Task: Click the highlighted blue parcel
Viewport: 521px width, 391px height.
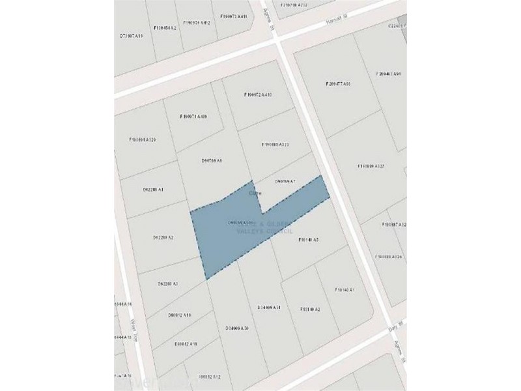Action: tap(234, 235)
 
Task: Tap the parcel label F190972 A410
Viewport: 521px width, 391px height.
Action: tap(257, 95)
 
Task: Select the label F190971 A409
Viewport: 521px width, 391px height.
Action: tap(193, 117)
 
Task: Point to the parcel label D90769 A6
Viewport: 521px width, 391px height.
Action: tap(212, 160)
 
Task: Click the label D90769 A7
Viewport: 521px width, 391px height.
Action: tap(285, 181)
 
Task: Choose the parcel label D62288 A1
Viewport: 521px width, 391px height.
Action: tap(152, 190)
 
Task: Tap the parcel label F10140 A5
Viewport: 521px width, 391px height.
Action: tap(308, 240)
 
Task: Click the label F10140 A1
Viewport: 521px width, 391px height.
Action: tap(344, 289)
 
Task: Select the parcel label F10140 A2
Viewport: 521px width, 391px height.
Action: tap(310, 309)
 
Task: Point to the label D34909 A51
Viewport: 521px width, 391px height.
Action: tap(268, 307)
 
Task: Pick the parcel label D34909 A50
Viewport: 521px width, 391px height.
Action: tap(237, 328)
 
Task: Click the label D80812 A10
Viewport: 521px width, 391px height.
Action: tap(179, 315)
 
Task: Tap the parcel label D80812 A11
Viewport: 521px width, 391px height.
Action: tap(186, 343)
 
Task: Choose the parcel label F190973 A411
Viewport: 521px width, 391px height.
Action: tap(233, 16)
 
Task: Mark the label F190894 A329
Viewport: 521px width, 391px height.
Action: tap(142, 139)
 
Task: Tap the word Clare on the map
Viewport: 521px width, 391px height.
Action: tap(255, 194)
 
